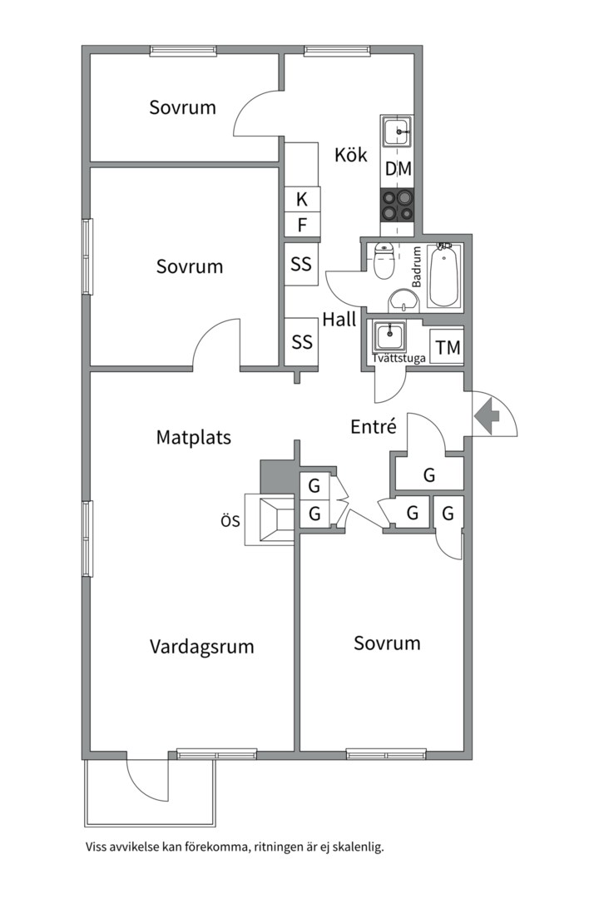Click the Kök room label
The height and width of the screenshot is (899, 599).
[x=351, y=155]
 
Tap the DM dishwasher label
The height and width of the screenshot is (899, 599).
[x=398, y=169]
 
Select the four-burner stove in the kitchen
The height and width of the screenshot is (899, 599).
[x=397, y=204]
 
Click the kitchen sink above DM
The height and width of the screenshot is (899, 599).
[x=397, y=132]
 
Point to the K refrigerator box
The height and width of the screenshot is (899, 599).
[x=302, y=199]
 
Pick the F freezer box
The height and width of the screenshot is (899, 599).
[x=302, y=225]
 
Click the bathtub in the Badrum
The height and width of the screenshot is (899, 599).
[x=442, y=276]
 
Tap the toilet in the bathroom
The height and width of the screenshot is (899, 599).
[x=384, y=262]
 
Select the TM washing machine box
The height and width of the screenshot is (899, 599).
[x=447, y=348]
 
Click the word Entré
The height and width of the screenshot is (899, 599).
[x=373, y=427]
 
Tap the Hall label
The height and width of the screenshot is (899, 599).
[x=339, y=319]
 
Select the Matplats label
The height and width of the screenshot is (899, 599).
[x=194, y=437]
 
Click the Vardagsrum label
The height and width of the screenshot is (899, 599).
[x=202, y=647]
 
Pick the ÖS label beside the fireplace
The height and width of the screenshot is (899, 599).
[x=230, y=522]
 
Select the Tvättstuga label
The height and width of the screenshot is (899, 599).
[x=399, y=360]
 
